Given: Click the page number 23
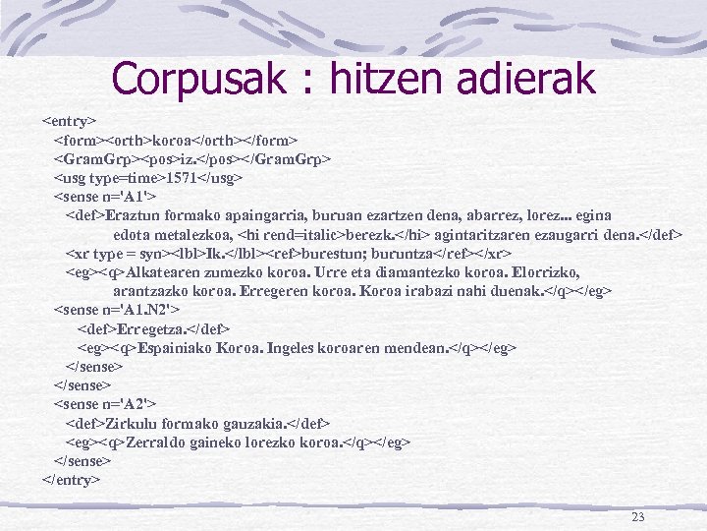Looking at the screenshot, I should pyautogui.click(x=639, y=517).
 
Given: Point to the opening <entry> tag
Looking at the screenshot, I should pyautogui.click(x=69, y=121).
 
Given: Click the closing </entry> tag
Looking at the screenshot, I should pyautogui.click(x=72, y=480).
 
